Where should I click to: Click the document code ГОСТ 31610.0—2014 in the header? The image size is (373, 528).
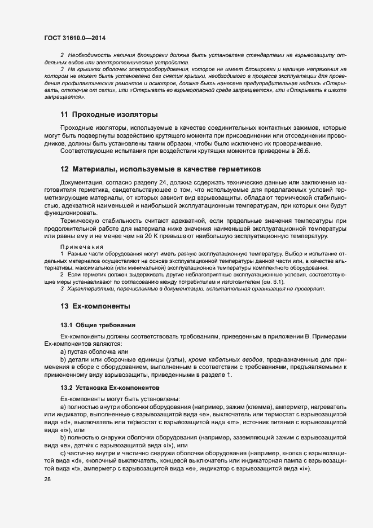tap(74, 38)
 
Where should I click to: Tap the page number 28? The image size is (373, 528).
tap(48, 479)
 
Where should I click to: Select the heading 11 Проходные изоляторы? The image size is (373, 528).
tap(109, 115)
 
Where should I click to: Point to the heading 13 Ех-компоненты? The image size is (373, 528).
tap(95, 306)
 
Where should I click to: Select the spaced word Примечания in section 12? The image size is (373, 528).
tap(82, 247)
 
